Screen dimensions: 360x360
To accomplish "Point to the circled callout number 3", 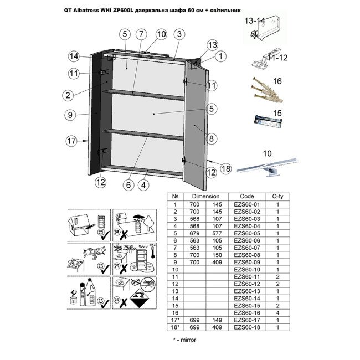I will [179, 34].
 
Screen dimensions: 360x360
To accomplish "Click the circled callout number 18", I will [225, 168].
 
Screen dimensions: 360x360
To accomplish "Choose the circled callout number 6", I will [128, 185].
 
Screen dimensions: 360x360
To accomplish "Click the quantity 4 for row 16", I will [278, 313].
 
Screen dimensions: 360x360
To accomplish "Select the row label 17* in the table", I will [176, 320].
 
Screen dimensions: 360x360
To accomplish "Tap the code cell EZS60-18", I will [247, 327].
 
